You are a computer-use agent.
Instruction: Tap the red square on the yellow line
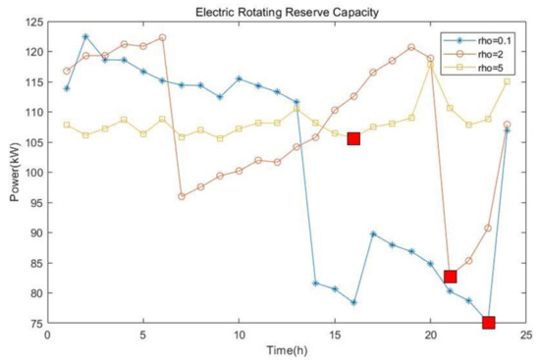click(x=353, y=138)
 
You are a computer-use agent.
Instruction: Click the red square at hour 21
click(x=450, y=277)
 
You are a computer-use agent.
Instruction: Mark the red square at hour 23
click(x=488, y=323)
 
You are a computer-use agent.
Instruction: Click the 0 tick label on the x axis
click(x=47, y=334)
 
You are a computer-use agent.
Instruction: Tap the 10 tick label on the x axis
click(x=239, y=334)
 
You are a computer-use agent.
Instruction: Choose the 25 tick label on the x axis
click(x=525, y=334)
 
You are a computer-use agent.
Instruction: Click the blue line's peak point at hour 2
click(x=85, y=36)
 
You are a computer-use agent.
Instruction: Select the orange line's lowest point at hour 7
click(x=182, y=196)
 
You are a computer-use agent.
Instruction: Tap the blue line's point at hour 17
click(x=373, y=233)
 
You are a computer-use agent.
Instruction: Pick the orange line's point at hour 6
click(x=162, y=37)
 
